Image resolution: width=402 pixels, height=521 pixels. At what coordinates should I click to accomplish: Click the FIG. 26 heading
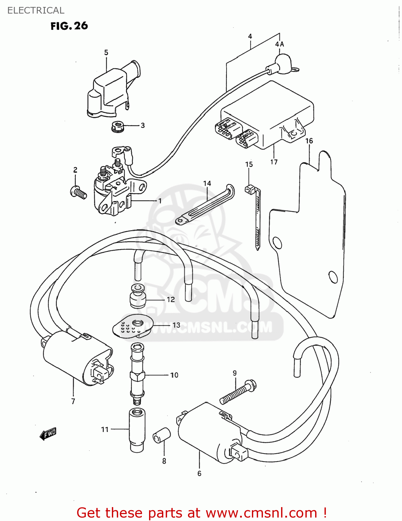pyautogui.click(x=69, y=26)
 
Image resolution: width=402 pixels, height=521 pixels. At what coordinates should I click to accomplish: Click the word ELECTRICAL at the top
pyautogui.click(x=36, y=10)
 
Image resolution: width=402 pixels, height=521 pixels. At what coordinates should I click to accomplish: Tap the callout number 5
pyautogui.click(x=106, y=52)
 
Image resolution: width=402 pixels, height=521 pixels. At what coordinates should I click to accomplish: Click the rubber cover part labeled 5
pyautogui.click(x=111, y=90)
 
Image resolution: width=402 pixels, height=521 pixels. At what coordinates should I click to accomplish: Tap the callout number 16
pyautogui.click(x=309, y=141)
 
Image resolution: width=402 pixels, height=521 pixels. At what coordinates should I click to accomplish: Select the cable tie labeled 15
pyautogui.click(x=256, y=215)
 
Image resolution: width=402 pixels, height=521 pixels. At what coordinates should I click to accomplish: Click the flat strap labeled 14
pyautogui.click(x=205, y=205)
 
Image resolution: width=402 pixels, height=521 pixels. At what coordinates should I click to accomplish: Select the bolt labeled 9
pyautogui.click(x=238, y=392)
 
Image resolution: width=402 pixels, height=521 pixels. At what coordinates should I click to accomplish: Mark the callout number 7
pyautogui.click(x=73, y=402)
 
